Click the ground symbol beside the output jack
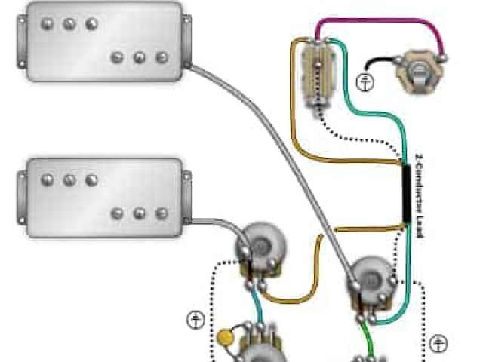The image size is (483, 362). coord(367,82)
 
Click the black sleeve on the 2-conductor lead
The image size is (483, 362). coord(407,195)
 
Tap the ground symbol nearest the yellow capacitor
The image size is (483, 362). coord(195,319)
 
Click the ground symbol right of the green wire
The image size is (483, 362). coord(438,344)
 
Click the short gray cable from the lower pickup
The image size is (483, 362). coord(215,222)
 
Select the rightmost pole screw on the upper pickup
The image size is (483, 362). coord(161,57)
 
